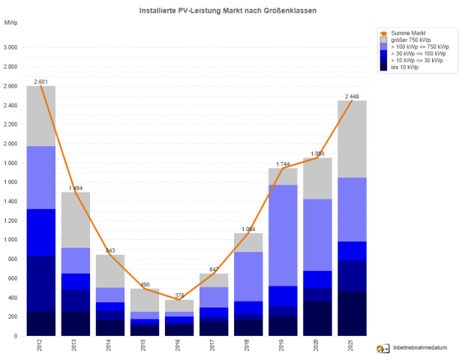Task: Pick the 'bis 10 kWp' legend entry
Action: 405,67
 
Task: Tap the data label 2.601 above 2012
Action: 40,81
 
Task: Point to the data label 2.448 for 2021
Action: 352,96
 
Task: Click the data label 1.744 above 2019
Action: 283,163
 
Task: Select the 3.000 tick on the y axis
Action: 10,47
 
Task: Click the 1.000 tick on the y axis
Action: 10,240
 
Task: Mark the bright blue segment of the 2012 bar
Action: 40,232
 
